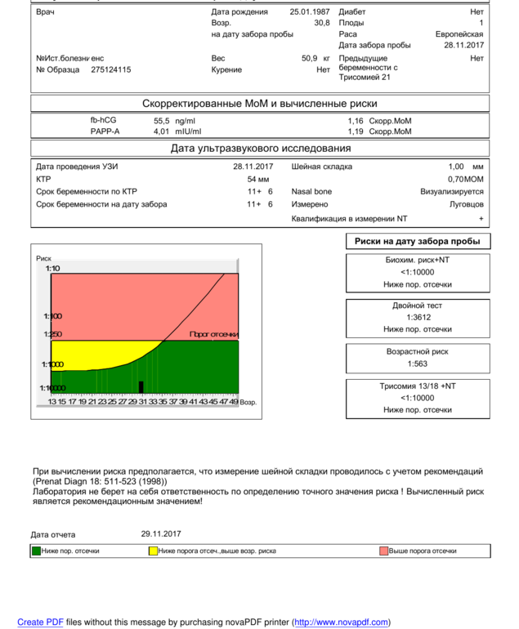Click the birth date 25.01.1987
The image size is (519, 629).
(x=310, y=12)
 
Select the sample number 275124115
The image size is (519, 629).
(x=110, y=70)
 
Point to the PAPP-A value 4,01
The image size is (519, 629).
(x=161, y=132)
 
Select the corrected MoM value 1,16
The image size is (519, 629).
(x=356, y=121)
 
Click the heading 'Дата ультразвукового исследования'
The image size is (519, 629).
(x=261, y=149)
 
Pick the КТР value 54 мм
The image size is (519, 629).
(x=258, y=179)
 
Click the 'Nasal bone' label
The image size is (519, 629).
(x=311, y=192)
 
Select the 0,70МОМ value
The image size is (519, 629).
(x=465, y=179)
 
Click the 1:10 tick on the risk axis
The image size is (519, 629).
(x=52, y=269)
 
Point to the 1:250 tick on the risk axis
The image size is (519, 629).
(x=52, y=335)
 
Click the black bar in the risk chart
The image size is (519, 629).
(x=141, y=386)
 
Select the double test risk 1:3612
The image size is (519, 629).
(x=417, y=317)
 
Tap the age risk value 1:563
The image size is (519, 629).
(x=417, y=364)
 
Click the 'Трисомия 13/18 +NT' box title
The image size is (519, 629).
(x=418, y=386)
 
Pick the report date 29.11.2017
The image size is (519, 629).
(x=161, y=534)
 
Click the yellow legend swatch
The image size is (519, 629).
(x=153, y=551)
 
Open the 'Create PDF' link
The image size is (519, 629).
(x=40, y=622)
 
